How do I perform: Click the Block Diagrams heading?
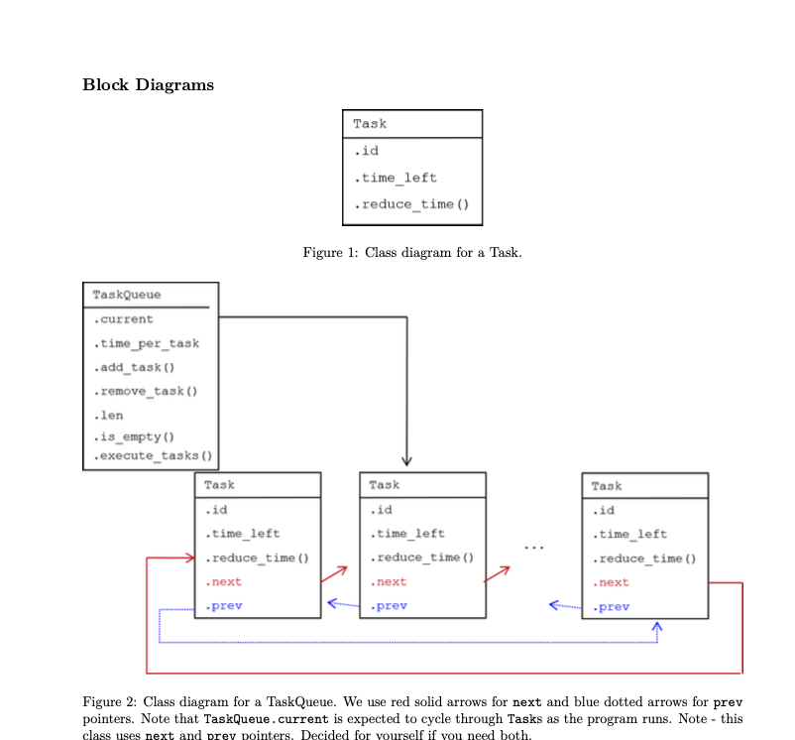click(148, 84)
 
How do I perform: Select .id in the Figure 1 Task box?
click(366, 151)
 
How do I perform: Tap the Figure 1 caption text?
click(411, 252)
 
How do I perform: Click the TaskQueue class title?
click(127, 295)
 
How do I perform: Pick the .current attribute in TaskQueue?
click(123, 319)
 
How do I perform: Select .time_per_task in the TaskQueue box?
click(146, 343)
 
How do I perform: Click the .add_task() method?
click(134, 367)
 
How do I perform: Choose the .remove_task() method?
click(144, 391)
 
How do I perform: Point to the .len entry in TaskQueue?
click(108, 415)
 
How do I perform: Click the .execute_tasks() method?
click(152, 456)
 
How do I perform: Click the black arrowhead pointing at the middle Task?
click(406, 460)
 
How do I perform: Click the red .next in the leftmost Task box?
click(223, 582)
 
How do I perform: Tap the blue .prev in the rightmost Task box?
click(610, 606)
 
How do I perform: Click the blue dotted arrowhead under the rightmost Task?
click(655, 627)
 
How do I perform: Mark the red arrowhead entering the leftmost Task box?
click(188, 558)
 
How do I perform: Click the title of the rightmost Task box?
click(607, 486)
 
